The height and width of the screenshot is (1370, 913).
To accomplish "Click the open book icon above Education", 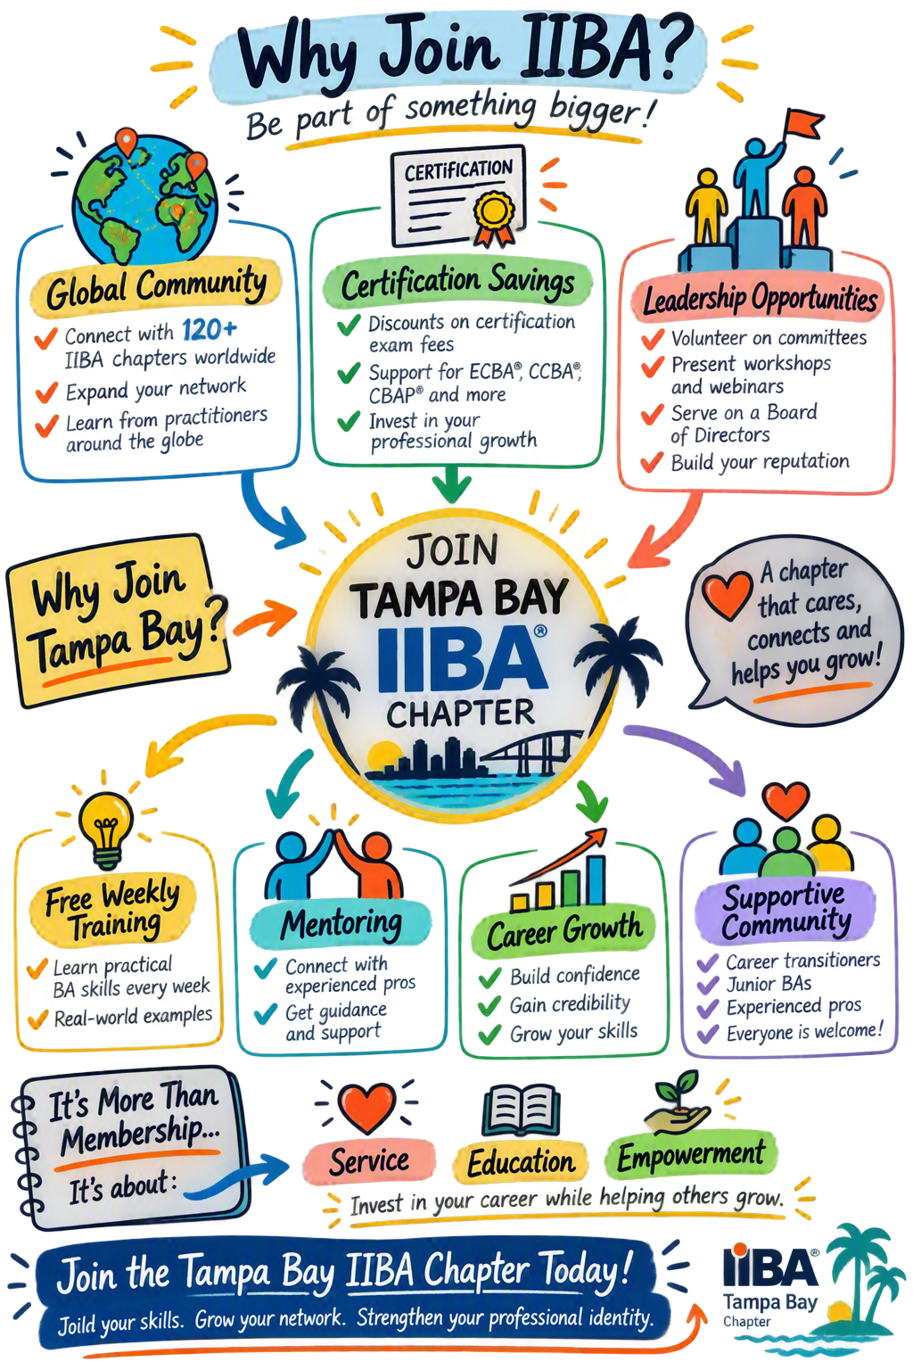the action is pyautogui.click(x=521, y=1110).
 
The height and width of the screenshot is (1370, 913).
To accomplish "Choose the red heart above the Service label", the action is pyautogui.click(x=366, y=1108).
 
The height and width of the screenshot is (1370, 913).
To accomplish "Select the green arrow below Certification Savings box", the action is pyautogui.click(x=451, y=483).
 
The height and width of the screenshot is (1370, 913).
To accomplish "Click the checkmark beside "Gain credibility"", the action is pyautogui.click(x=489, y=1006).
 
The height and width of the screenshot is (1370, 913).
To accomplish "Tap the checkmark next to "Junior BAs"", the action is pyautogui.click(x=708, y=986).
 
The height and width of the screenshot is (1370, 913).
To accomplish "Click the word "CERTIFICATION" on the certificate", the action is pyautogui.click(x=458, y=170).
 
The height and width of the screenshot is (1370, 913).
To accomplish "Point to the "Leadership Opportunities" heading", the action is pyautogui.click(x=760, y=299).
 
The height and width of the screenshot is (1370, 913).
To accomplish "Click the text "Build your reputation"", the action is pyautogui.click(x=761, y=462).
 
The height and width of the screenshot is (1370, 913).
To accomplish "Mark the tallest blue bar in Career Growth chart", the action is pyautogui.click(x=596, y=879).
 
